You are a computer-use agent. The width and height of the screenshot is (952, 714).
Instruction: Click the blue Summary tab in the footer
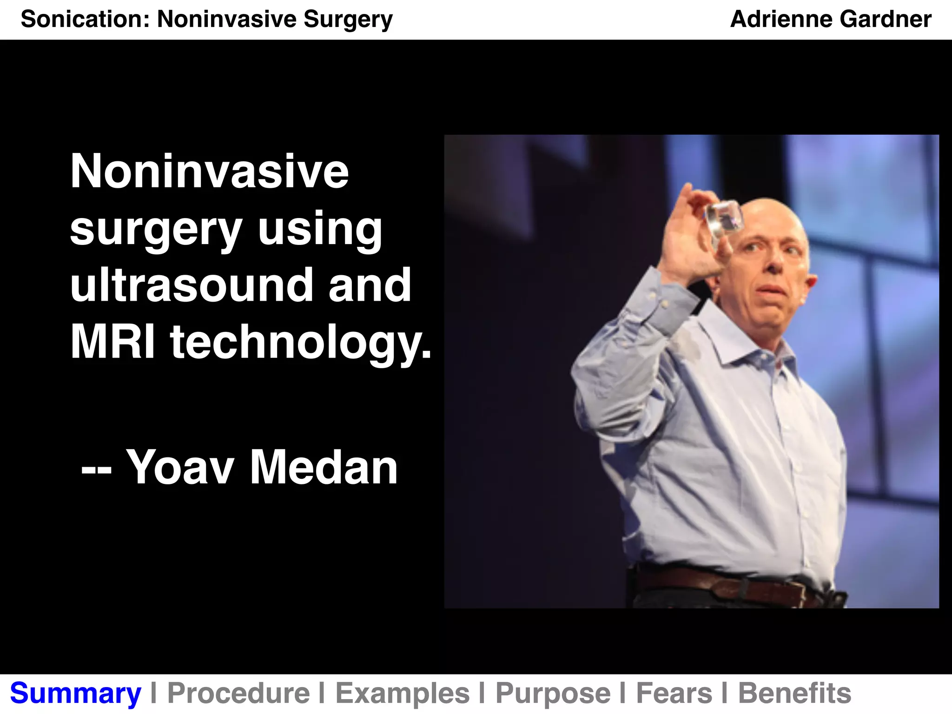75,694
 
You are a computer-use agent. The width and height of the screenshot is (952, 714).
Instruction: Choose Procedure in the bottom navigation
238,694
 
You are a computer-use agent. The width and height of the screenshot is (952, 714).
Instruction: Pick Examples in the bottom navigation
403,694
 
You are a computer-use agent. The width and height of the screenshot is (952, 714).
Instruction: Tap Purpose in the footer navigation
553,694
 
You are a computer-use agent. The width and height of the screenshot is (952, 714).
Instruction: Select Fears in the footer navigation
674,694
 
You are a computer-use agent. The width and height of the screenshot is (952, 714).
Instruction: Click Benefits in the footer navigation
794,694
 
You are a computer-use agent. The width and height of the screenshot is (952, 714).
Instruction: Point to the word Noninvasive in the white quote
209,172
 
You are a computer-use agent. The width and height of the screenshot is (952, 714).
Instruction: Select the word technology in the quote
300,343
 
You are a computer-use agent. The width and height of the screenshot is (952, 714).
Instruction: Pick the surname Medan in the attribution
324,468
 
